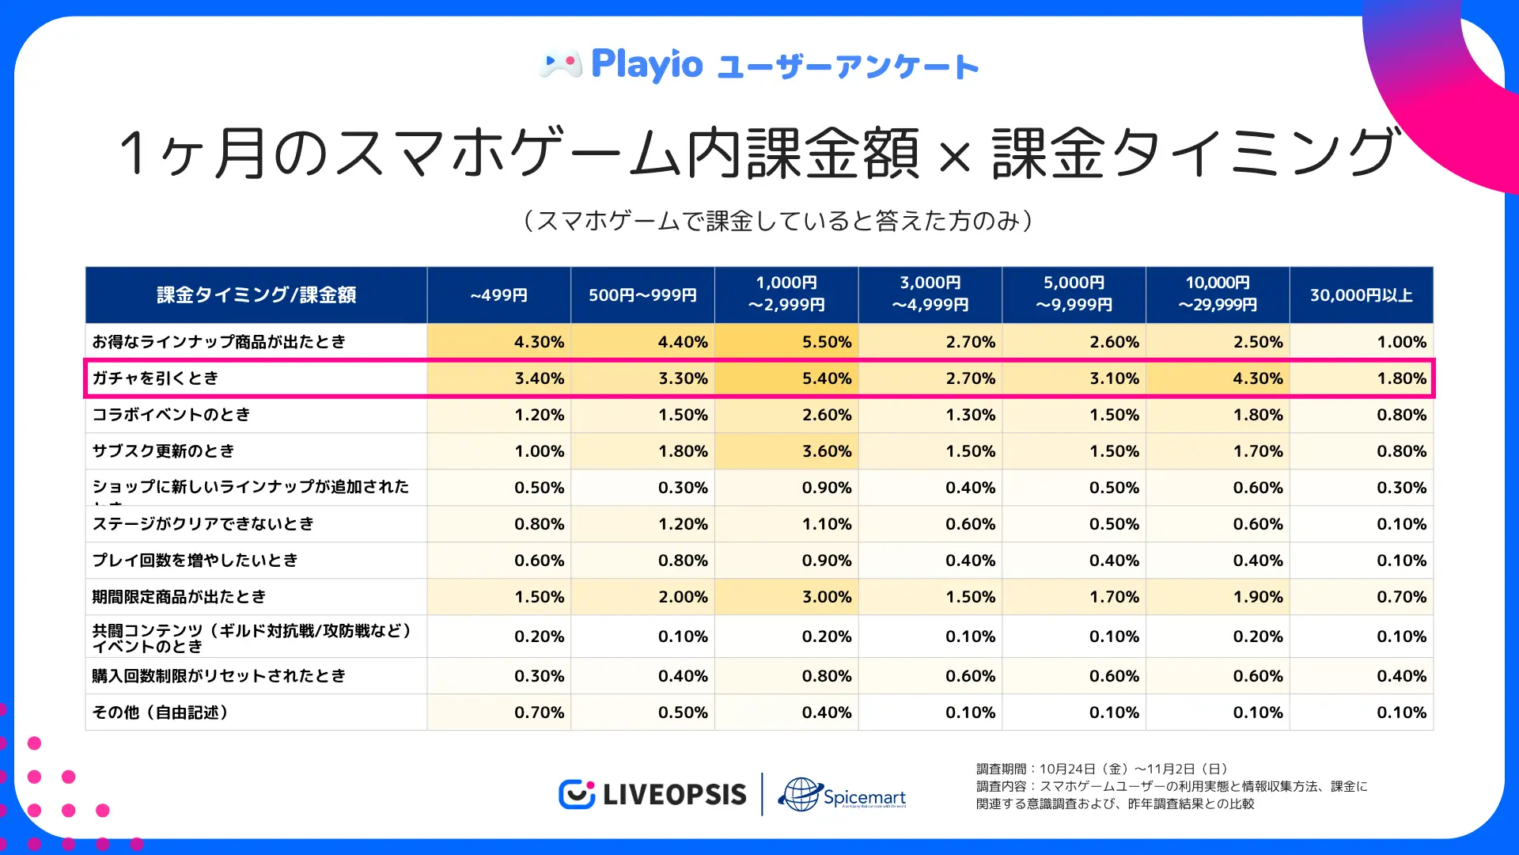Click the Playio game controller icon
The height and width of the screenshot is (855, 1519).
pos(561,64)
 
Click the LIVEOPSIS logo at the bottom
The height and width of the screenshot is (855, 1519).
pos(653,794)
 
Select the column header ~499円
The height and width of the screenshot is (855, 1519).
pos(498,295)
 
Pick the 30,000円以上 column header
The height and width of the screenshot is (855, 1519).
pos(1361,295)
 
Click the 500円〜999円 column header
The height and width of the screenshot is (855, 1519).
pos(642,295)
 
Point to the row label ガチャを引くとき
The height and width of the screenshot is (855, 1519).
pos(155,378)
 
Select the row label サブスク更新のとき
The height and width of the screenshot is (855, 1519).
pos(164,451)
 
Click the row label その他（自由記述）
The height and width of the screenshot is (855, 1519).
pos(160,712)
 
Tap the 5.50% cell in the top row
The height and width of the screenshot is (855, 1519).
pos(827,342)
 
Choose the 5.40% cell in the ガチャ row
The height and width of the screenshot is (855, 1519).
pos(827,378)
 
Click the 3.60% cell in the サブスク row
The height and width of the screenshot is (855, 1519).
pos(827,451)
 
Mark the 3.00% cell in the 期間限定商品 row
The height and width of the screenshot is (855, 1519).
pos(827,597)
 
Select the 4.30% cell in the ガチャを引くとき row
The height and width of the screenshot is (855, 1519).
pos(1257,378)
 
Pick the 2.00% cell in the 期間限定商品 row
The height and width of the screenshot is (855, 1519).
pos(683,597)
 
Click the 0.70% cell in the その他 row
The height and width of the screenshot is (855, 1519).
pos(539,712)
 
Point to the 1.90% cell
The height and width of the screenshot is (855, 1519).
pos(1257,597)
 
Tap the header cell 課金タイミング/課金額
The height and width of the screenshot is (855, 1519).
pos(256,295)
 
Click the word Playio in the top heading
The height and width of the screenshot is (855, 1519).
pos(647,64)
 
